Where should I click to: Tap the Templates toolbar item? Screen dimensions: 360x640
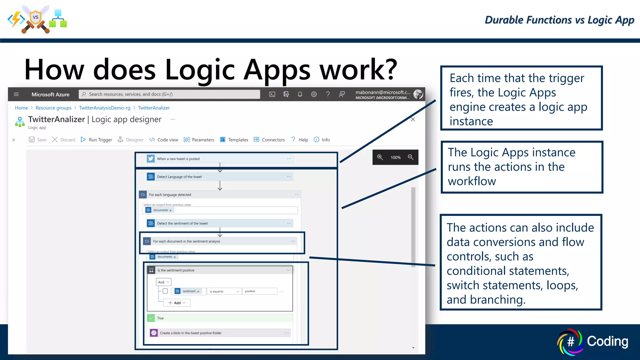pyautogui.click(x=234, y=140)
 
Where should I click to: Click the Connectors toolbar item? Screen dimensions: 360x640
pyautogui.click(x=269, y=140)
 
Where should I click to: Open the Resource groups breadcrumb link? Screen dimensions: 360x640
pyautogui.click(x=53, y=108)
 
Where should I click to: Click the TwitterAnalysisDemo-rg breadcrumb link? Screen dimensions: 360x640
pyautogui.click(x=105, y=108)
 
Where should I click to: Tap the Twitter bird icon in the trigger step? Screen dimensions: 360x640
pyautogui.click(x=151, y=159)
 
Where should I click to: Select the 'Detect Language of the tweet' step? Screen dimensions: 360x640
pyautogui.click(x=179, y=177)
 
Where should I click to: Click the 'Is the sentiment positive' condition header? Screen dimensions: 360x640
pyautogui.click(x=176, y=270)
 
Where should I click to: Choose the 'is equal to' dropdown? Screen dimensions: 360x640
pyautogui.click(x=224, y=291)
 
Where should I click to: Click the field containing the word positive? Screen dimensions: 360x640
pyautogui.click(x=259, y=291)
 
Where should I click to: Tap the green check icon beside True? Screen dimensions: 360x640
pyautogui.click(x=151, y=318)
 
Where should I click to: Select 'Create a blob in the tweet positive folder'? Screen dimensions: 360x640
pyautogui.click(x=191, y=333)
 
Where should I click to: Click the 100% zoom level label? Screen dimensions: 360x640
pyautogui.click(x=395, y=157)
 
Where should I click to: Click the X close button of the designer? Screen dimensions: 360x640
pyautogui.click(x=413, y=119)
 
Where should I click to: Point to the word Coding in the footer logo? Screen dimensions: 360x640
pyautogui.click(x=607, y=341)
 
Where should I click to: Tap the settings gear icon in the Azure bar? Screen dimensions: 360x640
pyautogui.click(x=314, y=94)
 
